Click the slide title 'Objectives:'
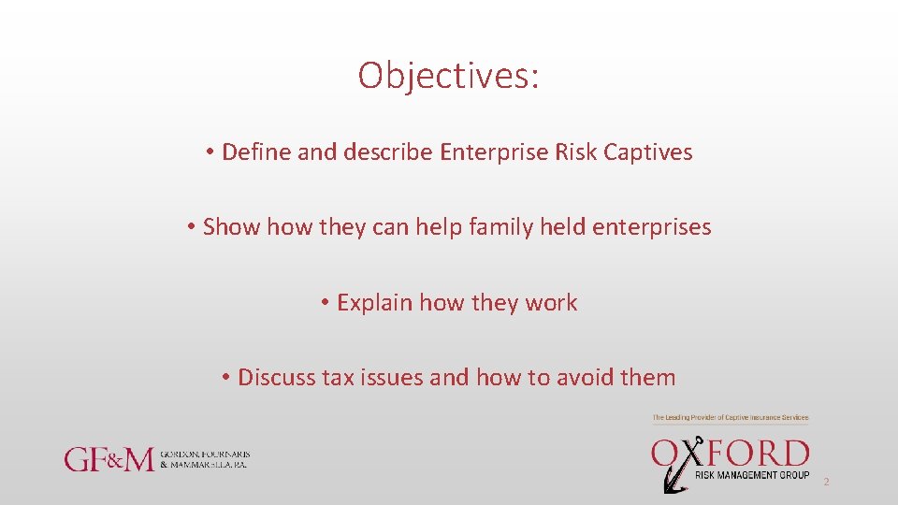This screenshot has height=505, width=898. point(448,76)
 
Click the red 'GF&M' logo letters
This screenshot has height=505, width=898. point(109,459)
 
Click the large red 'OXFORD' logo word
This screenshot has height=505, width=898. point(730,454)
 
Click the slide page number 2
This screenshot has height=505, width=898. point(826,483)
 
